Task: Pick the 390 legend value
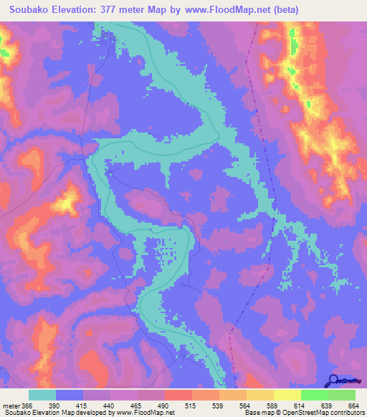pyautogui.click(x=54, y=406)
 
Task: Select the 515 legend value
pyautogui.click(x=191, y=406)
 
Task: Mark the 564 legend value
pyautogui.click(x=245, y=406)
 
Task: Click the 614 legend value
pyautogui.click(x=299, y=406)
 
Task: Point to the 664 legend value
pyautogui.click(x=353, y=406)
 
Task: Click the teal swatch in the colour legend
pyautogui.click(x=42, y=395)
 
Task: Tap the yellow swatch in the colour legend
pyautogui.click(x=287, y=395)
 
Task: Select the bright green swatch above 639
pyautogui.click(x=314, y=395)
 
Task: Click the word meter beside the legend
pyautogui.click(x=11, y=406)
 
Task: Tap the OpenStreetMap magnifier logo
pyautogui.click(x=334, y=380)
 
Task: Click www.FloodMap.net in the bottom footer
pyautogui.click(x=146, y=413)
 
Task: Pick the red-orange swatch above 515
pyautogui.click(x=178, y=395)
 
